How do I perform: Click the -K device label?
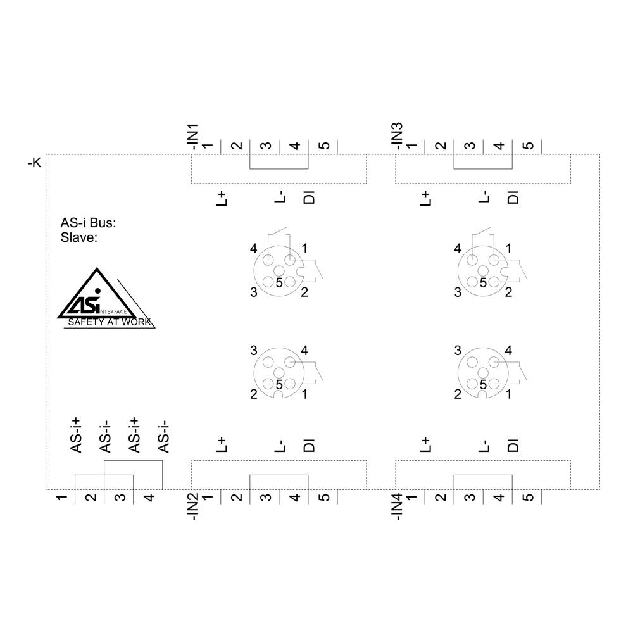coord(34,163)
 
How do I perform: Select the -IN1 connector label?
coord(194,137)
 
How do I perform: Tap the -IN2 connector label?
coord(194,506)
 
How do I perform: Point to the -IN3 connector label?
coord(398,137)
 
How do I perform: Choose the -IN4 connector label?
coord(398,506)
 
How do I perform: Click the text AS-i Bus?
coord(88,222)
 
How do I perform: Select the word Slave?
coord(79,237)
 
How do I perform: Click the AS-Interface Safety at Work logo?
coord(106,298)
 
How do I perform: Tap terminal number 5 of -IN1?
coord(325,146)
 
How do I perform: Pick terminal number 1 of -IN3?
coord(412,146)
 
